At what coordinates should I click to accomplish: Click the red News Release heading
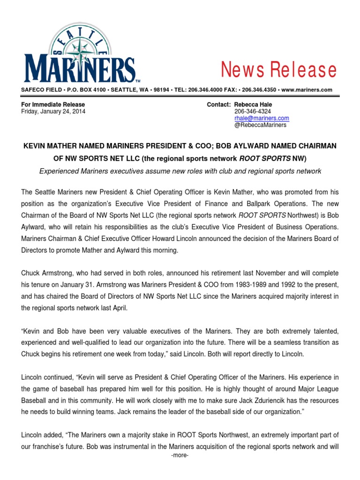point(279,70)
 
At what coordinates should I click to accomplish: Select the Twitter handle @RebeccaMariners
point(260,125)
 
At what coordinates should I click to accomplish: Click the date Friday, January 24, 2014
point(53,112)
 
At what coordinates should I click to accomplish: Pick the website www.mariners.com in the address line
point(307,90)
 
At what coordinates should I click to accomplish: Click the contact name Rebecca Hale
point(253,105)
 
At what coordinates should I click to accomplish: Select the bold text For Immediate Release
point(53,105)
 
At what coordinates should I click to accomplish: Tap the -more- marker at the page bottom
point(180,455)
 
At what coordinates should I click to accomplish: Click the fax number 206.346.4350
point(261,90)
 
